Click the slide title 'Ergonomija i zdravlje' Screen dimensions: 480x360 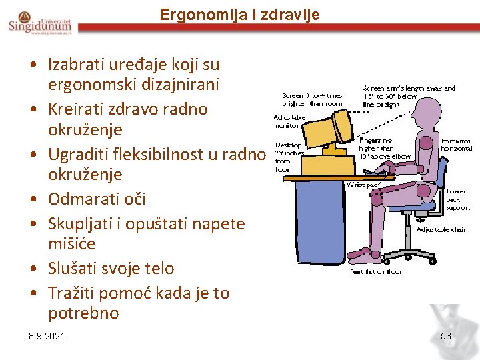(239, 14)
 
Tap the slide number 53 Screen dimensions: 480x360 (446, 336)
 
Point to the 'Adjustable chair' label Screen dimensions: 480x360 (441, 229)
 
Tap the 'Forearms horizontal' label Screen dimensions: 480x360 (457, 145)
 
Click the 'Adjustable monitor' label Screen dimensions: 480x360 (289, 121)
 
